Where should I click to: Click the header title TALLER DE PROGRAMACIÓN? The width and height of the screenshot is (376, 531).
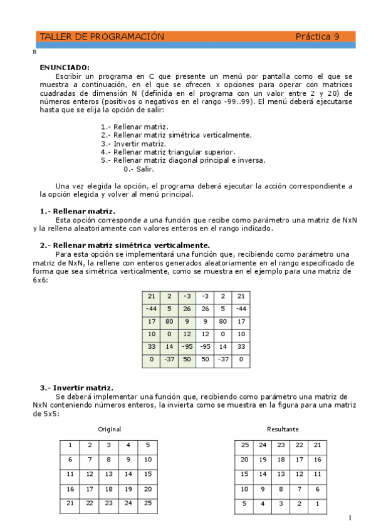pyautogui.click(x=102, y=37)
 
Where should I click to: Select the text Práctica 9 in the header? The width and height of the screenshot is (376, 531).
pyautogui.click(x=317, y=37)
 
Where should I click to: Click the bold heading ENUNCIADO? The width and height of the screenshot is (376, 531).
pyautogui.click(x=65, y=67)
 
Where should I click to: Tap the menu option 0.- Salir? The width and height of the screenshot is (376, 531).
pyautogui.click(x=138, y=169)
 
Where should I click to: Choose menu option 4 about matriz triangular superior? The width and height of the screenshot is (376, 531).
pyautogui.click(x=168, y=152)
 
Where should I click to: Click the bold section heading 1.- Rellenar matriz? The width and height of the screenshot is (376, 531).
pyautogui.click(x=77, y=212)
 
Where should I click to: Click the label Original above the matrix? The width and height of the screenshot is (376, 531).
pyautogui.click(x=109, y=430)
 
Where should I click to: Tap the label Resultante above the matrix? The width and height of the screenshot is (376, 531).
pyautogui.click(x=283, y=430)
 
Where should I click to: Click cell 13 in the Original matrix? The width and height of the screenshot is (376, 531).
pyautogui.click(x=109, y=475)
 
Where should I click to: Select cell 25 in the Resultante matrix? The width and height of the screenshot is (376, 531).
pyautogui.click(x=245, y=445)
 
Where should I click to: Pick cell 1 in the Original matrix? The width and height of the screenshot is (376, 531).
pyautogui.click(x=70, y=445)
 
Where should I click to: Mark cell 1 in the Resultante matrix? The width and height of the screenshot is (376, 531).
pyautogui.click(x=318, y=503)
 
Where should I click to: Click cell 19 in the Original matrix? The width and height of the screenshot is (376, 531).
pyautogui.click(x=128, y=489)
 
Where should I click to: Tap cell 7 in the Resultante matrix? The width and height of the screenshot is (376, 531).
pyautogui.click(x=300, y=489)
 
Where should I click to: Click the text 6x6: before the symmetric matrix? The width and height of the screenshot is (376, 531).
pyautogui.click(x=41, y=281)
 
